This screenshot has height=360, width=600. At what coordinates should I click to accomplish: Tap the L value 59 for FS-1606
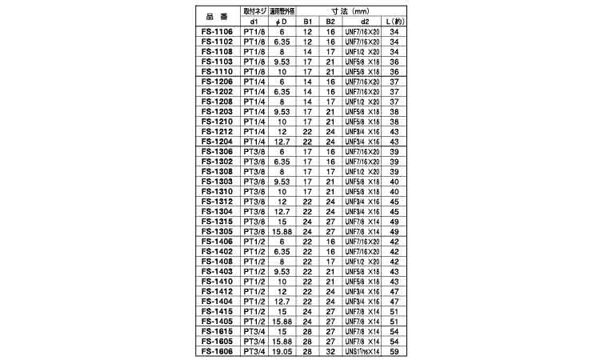tap(394, 352)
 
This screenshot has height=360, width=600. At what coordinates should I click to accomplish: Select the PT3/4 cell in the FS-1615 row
tap(254, 333)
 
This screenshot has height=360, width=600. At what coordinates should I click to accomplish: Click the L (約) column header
tap(394, 23)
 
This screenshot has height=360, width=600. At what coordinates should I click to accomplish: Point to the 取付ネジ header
tap(254, 14)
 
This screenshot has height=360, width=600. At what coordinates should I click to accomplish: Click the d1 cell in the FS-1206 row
tap(254, 82)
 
